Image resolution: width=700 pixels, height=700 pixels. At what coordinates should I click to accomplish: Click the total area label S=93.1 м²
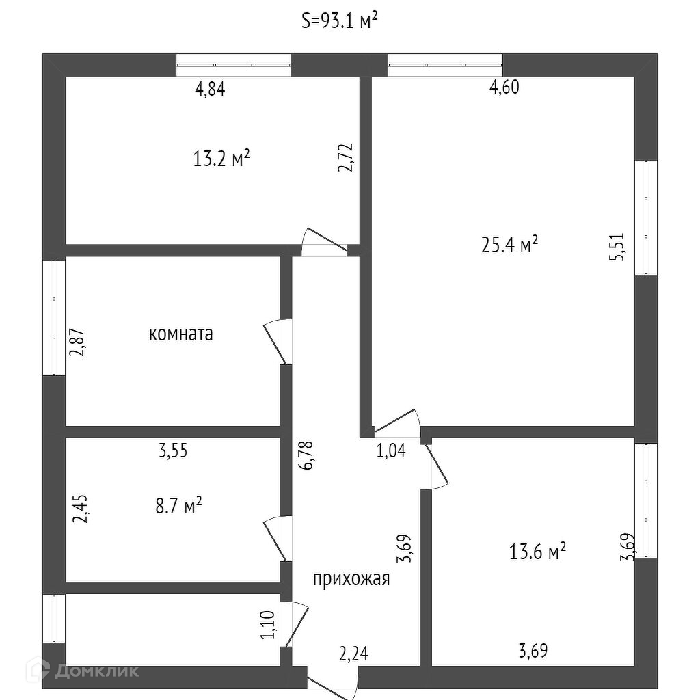(340, 21)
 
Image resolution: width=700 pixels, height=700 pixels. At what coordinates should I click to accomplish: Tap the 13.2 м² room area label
(221, 159)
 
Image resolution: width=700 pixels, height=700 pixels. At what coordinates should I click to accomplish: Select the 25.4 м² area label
(509, 244)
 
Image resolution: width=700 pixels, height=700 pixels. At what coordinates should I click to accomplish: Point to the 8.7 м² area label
(178, 507)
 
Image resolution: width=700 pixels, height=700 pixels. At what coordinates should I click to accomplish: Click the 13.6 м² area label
(537, 552)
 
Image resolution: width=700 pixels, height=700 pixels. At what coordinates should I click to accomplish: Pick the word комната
(180, 334)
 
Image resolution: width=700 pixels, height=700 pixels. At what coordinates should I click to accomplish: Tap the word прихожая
(351, 579)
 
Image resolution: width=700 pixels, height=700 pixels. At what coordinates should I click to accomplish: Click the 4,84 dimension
(210, 90)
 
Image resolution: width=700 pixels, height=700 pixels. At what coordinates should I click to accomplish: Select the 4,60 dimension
(504, 87)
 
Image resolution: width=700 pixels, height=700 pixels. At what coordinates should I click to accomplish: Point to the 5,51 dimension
(619, 247)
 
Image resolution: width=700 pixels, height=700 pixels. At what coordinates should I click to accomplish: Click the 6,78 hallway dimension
(307, 455)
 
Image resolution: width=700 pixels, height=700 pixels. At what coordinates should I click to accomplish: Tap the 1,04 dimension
(391, 451)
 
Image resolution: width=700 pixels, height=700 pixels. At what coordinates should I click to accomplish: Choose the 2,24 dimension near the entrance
(353, 654)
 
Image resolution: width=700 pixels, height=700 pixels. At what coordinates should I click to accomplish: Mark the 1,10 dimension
(267, 625)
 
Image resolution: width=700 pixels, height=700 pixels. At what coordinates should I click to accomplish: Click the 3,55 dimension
(173, 451)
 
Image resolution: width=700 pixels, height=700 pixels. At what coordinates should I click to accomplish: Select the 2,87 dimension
(77, 343)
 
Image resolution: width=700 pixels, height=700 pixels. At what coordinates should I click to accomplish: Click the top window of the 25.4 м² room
(445, 65)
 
